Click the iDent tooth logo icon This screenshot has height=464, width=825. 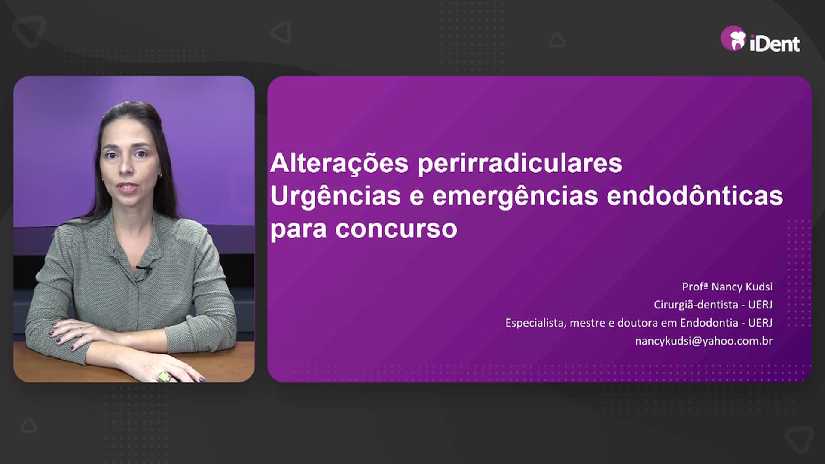(x=733, y=38)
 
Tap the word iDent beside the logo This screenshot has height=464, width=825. (x=775, y=43)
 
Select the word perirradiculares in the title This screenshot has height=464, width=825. (x=520, y=164)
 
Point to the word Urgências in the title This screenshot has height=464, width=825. (x=336, y=197)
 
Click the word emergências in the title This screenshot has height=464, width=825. (x=515, y=197)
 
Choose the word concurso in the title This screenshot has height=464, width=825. (x=396, y=229)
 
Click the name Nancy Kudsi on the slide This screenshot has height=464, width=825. (x=742, y=287)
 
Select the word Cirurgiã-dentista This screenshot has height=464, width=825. (x=696, y=305)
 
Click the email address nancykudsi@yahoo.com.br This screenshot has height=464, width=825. (x=704, y=341)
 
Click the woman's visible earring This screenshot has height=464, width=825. (x=160, y=175)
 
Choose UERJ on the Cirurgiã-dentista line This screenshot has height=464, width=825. (x=760, y=305)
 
